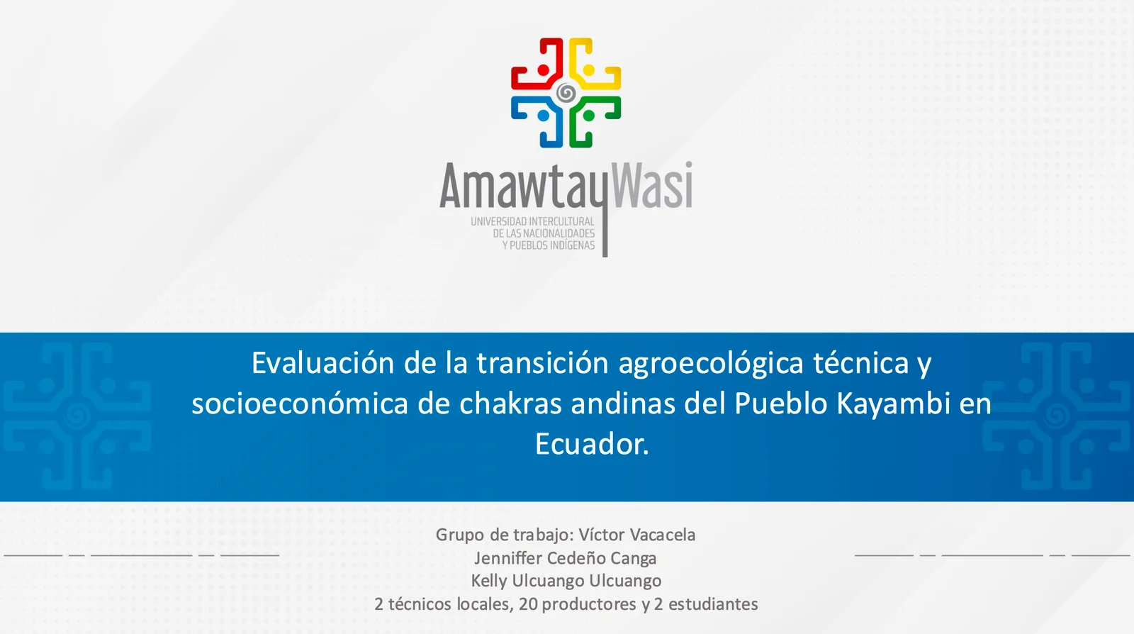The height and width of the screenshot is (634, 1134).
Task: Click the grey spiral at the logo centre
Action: click(566, 93)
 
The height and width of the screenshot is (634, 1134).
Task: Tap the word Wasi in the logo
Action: click(651, 186)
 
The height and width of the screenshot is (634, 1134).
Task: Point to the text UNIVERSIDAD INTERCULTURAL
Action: click(532, 221)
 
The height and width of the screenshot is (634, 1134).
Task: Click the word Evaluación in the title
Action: click(322, 363)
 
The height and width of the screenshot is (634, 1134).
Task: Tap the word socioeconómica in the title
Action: click(300, 404)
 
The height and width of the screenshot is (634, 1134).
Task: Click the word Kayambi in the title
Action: click(893, 404)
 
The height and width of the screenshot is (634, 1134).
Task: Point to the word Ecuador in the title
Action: click(590, 444)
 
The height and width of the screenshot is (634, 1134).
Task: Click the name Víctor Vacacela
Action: click(636, 535)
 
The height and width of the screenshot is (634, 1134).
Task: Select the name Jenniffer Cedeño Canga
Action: click(566, 558)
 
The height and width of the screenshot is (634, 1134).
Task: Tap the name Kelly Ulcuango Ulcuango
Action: click(566, 581)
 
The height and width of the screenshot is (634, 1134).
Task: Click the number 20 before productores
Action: click(528, 604)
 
